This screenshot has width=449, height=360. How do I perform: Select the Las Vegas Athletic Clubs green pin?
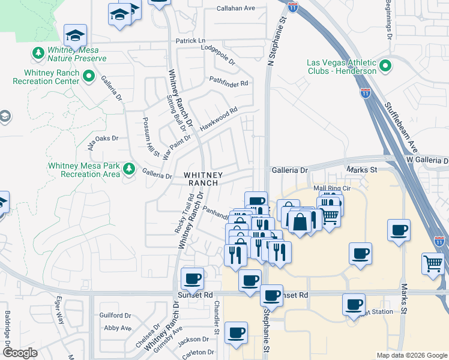[385, 64]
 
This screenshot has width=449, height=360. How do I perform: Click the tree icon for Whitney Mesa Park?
[128, 169]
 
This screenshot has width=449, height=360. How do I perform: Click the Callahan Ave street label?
[236, 8]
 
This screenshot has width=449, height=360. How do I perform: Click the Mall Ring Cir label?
[331, 188]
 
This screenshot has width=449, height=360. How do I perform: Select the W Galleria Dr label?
[427, 161]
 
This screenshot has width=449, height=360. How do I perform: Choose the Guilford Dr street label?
[115, 315]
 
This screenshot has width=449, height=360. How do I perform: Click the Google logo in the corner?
[20, 353]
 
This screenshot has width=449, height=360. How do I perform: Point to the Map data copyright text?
[411, 355]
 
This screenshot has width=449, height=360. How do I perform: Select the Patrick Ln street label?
[190, 41]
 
